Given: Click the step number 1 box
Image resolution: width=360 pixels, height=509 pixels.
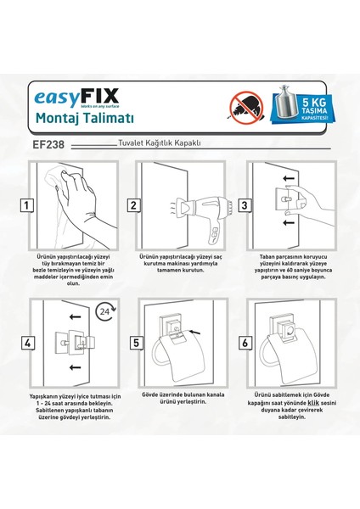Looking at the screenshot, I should (28, 204).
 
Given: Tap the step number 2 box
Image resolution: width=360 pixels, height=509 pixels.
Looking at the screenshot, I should (134, 204).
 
